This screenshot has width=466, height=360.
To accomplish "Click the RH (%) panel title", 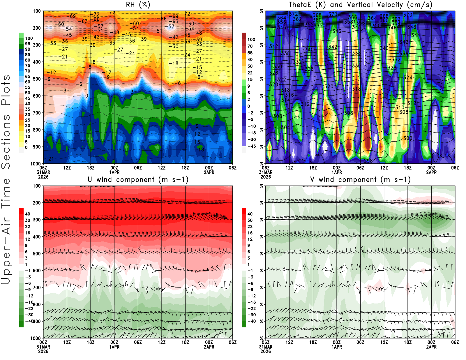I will [x=138, y=5].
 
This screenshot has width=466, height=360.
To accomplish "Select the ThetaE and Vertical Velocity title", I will [x=360, y=5].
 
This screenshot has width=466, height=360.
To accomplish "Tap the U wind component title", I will [x=138, y=180].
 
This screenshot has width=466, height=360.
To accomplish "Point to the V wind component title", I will [x=360, y=180].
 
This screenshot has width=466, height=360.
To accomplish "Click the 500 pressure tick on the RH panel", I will [x=37, y=79].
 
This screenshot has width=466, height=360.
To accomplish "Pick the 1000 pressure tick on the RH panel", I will [x=36, y=164].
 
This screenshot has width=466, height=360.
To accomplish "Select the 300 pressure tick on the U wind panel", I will [x=37, y=220].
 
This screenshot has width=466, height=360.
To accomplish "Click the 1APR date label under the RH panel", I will [x=114, y=172].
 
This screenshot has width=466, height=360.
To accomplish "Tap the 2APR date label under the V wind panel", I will [x=431, y=347].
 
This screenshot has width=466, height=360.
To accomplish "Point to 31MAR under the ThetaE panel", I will [x=266, y=172].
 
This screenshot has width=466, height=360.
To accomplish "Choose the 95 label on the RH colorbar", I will [x=27, y=44].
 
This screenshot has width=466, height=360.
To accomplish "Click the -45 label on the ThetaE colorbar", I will [x=252, y=146].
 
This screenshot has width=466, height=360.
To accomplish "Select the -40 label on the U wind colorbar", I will [x=29, y=321].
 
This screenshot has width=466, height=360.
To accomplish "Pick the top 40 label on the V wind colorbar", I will [x=250, y=214].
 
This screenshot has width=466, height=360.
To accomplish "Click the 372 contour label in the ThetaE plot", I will [x=293, y=14].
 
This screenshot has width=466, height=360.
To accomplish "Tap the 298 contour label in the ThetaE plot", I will [x=368, y=161].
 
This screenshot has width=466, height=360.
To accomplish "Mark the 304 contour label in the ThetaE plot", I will [x=285, y=128].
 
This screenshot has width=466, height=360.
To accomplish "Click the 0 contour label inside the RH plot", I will [x=87, y=96].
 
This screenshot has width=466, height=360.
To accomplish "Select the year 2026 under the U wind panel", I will [x=43, y=352].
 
